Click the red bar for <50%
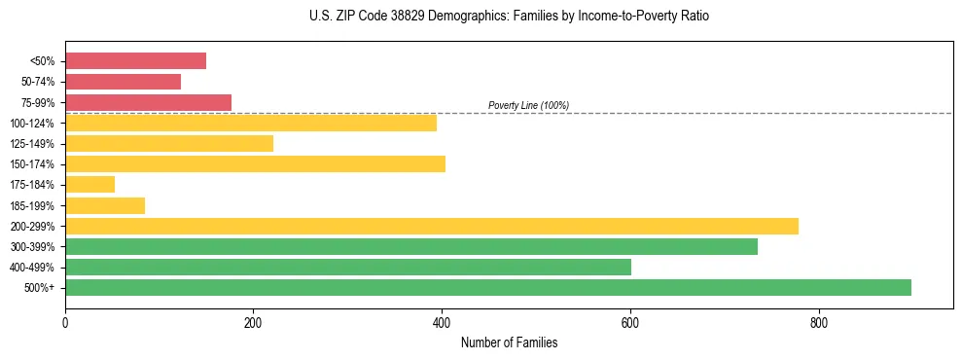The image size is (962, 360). tap(135, 61)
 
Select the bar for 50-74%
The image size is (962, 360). tap(123, 82)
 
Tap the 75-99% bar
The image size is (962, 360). tap(148, 102)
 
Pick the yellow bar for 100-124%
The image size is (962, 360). tap(251, 123)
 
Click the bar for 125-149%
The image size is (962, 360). tap(169, 144)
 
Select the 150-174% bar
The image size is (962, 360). tap(255, 163)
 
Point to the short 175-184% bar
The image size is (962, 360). tap(89, 185)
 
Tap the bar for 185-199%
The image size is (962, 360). tap(105, 205)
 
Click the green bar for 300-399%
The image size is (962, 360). tap(411, 246)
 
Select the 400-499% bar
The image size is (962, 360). tap(348, 267)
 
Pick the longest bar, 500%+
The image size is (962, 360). tap(488, 287)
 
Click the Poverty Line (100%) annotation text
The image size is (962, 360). tap(528, 105)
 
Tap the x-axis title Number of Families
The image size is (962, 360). tap(509, 342)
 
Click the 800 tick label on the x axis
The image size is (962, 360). tap(818, 322)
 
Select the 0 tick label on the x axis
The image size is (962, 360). tap(65, 322)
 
